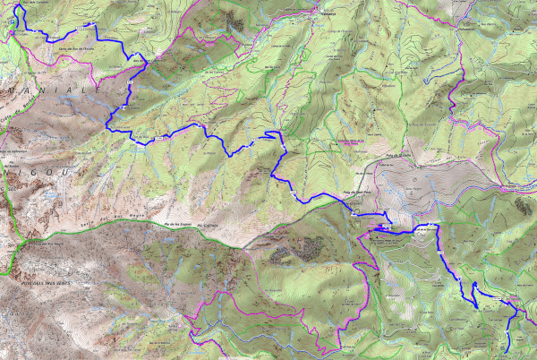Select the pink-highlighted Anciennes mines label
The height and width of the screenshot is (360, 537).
click(x=351, y=141)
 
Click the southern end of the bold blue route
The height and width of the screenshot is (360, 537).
click(x=508, y=347)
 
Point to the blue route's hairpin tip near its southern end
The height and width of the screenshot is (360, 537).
click(x=474, y=307)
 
